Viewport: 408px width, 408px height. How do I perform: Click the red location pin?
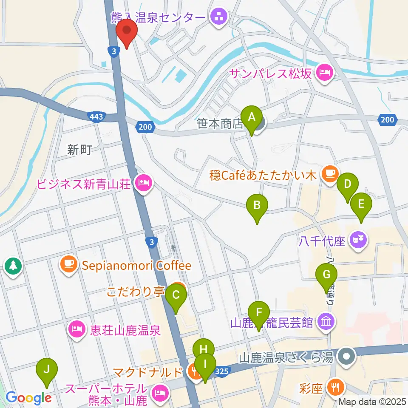click(x=127, y=33)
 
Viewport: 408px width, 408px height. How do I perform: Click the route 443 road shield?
click(x=96, y=116)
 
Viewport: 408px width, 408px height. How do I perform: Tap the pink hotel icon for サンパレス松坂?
click(x=325, y=72)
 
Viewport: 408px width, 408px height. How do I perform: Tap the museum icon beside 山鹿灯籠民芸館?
click(x=326, y=323)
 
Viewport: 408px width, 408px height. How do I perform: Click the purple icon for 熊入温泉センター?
click(x=219, y=18)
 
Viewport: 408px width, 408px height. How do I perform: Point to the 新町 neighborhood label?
click(x=79, y=150)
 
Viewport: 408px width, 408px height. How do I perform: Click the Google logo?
click(x=28, y=398)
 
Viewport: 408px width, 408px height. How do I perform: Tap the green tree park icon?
click(x=13, y=266)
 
